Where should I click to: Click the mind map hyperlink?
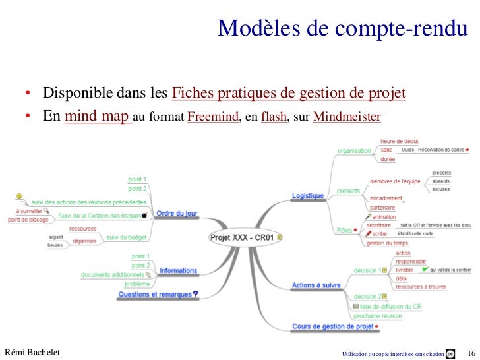coord(98,117)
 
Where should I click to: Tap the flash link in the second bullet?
coord(273,119)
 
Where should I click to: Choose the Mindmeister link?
coord(347,119)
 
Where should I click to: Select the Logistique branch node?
coord(308,195)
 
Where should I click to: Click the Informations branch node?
coord(178,270)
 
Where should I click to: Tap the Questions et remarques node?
coord(156,294)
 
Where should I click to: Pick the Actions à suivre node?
coord(316,285)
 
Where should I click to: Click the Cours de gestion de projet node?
coord(333,326)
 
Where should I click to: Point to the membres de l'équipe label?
coord(395,181)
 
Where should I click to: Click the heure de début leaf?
coord(400,141)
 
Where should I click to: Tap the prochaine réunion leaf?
coord(377,315)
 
